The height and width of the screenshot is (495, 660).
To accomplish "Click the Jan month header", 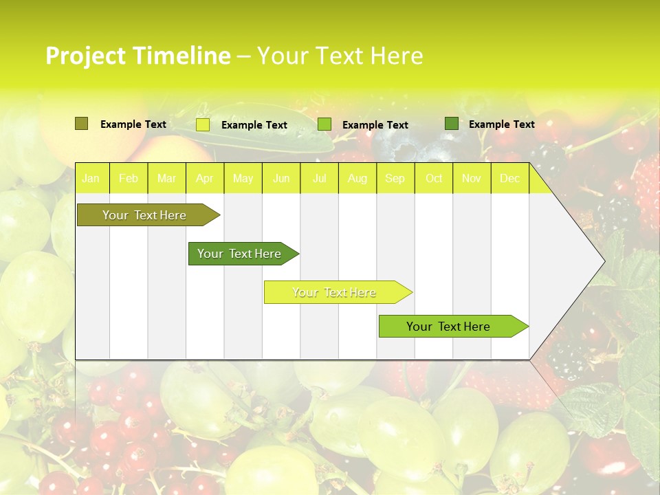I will [x=91, y=179].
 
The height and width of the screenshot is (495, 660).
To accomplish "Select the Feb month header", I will [x=129, y=179].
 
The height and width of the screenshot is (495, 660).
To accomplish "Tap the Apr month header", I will [x=205, y=179].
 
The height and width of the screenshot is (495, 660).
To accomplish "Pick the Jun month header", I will [x=281, y=179].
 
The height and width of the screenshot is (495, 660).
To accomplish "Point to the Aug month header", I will [x=357, y=179].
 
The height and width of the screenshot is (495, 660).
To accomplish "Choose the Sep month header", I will [x=395, y=179].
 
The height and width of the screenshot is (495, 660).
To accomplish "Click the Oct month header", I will [x=434, y=179].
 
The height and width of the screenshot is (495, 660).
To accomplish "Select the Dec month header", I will [x=510, y=179].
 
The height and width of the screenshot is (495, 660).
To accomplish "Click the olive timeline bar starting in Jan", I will [x=145, y=215].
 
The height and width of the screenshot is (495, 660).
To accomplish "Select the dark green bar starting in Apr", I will [x=240, y=254].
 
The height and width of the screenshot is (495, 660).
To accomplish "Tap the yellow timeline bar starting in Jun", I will [x=335, y=292].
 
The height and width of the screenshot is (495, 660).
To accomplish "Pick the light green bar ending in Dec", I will [x=449, y=327].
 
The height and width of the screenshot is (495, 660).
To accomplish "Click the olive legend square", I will [x=81, y=124].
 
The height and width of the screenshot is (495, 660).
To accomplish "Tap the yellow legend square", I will [x=203, y=124].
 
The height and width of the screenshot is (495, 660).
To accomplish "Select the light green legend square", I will [x=324, y=124].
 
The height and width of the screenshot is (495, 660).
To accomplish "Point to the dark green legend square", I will [x=452, y=124].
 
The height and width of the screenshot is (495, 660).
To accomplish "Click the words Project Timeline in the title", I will [x=137, y=56].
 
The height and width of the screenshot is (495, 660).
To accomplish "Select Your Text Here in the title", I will [x=340, y=56].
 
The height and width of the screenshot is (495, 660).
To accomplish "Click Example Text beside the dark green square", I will [x=501, y=124].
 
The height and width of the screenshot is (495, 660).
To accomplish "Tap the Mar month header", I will [x=166, y=179].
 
